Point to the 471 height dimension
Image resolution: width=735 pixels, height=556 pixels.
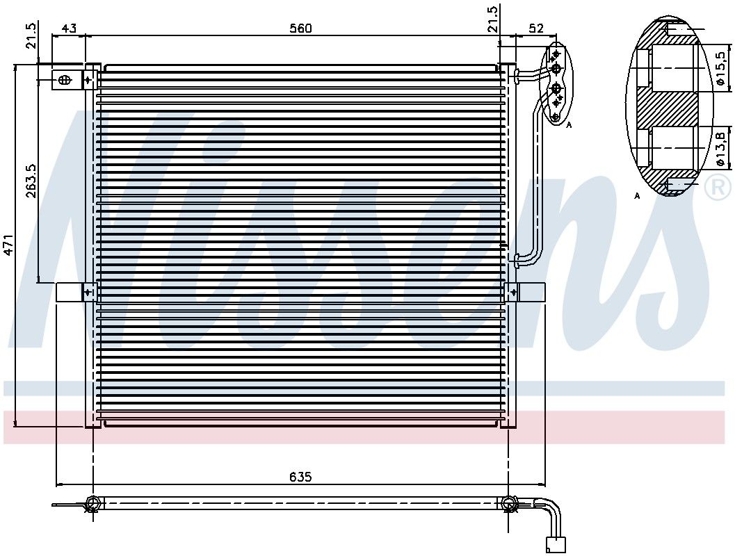[x=8, y=245]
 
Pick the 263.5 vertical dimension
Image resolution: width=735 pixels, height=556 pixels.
[x=31, y=180]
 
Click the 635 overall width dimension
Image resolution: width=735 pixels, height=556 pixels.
[x=300, y=477]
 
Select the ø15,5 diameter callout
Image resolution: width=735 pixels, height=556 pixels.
[x=721, y=69]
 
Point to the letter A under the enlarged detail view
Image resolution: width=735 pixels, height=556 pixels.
[x=637, y=196]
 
